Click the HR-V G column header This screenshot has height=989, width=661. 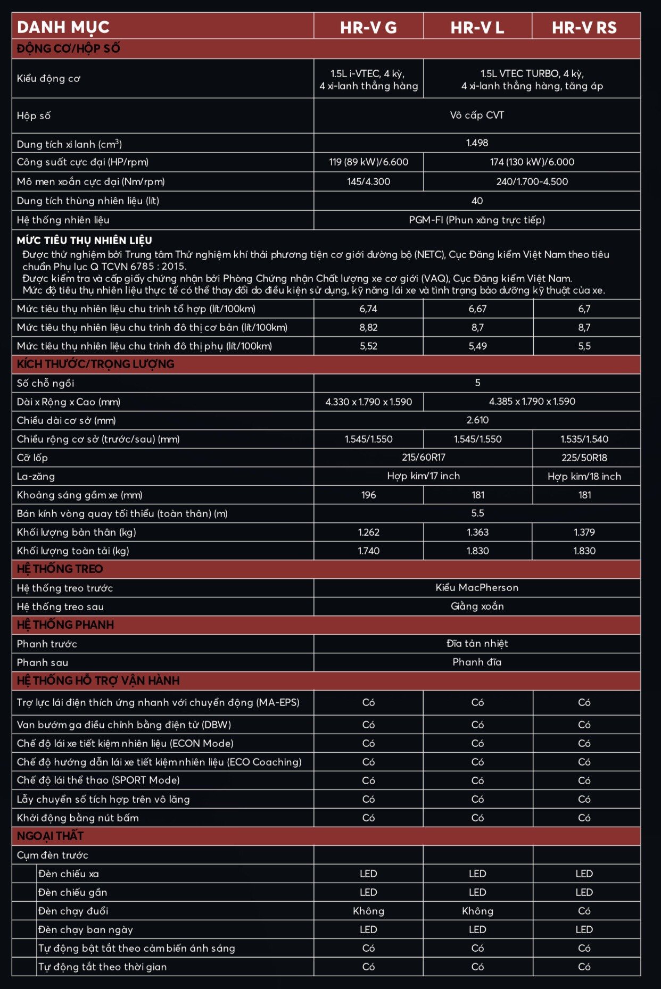(368, 27)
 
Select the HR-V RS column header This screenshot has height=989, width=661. (584, 27)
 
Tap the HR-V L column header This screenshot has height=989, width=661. (477, 27)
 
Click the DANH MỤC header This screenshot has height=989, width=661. (63, 27)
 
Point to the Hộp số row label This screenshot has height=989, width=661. (34, 115)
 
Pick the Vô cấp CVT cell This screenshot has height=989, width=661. (477, 115)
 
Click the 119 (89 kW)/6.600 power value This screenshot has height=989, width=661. (368, 162)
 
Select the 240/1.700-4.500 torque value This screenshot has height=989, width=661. (532, 181)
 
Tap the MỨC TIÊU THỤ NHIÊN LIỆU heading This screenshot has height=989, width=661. (84, 240)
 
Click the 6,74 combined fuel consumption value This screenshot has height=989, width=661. (368, 309)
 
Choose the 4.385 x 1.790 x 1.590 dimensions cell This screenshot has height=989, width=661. (532, 402)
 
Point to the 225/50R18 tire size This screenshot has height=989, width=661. (584, 458)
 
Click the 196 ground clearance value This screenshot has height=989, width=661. (368, 495)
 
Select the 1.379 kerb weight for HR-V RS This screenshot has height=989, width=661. (584, 532)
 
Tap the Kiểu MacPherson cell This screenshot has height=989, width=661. (477, 587)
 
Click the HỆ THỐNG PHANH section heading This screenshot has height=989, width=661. (65, 625)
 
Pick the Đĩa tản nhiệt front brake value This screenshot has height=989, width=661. (477, 643)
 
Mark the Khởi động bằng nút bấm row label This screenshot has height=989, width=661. (78, 818)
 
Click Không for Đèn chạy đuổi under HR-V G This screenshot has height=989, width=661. (368, 911)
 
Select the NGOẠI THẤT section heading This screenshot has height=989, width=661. (50, 836)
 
